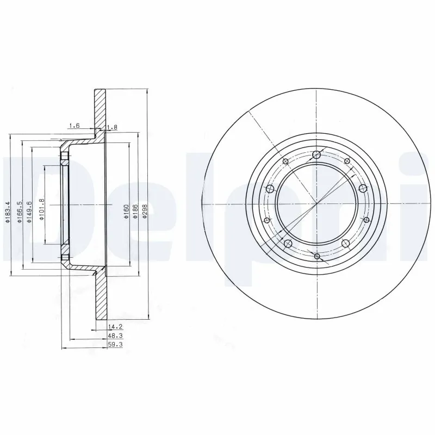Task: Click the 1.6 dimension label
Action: pyautogui.click(x=74, y=126)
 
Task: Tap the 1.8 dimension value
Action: pyautogui.click(x=113, y=127)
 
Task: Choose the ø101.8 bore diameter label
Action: pyautogui.click(x=42, y=210)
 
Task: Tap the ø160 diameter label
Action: pyautogui.click(x=126, y=210)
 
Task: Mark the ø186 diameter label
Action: pyautogui.click(x=135, y=210)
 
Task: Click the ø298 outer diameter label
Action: pyautogui.click(x=144, y=210)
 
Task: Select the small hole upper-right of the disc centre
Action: pyautogui.click(x=346, y=161)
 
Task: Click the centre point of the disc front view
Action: pyautogui.click(x=316, y=204)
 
